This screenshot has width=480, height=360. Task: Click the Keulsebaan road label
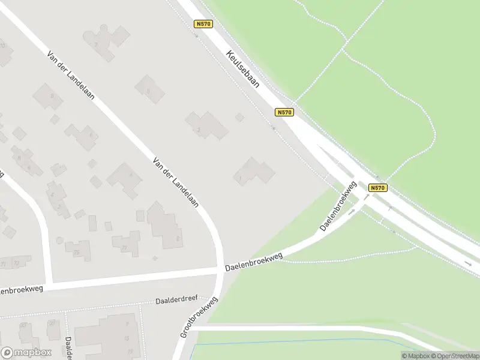pos(243,69)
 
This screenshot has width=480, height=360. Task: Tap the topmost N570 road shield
pos(203,24)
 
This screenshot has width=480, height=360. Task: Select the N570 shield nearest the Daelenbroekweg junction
pos(377,188)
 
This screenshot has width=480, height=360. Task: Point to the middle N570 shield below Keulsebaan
pos(284,112)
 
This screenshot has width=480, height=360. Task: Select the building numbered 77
pos(127,242)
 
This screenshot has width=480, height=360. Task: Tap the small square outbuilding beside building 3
pos(239,117)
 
